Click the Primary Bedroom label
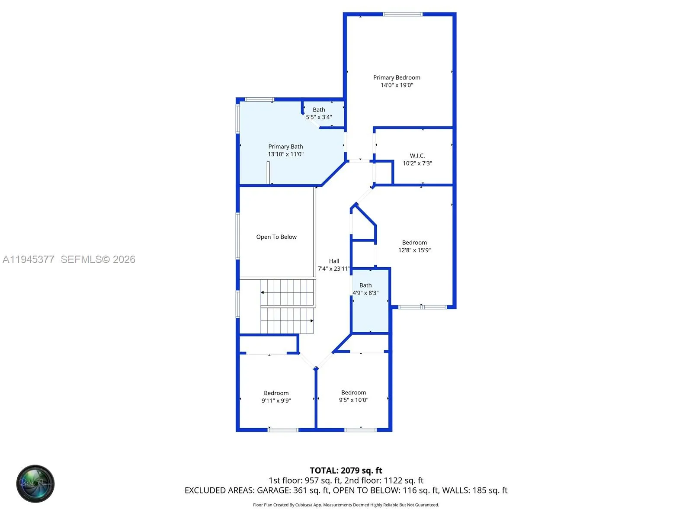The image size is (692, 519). click(x=397, y=77)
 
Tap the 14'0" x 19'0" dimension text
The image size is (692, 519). click(x=397, y=85)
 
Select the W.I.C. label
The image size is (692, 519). click(x=417, y=156)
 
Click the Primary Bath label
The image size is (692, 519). click(x=285, y=147)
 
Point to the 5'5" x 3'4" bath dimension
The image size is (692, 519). click(x=319, y=117)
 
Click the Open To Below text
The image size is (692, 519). click(x=276, y=237)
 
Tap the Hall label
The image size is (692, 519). click(x=334, y=261)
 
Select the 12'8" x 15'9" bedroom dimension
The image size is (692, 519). click(x=414, y=250)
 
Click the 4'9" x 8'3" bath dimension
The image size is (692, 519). click(x=365, y=293)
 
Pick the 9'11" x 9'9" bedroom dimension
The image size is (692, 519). click(x=276, y=400)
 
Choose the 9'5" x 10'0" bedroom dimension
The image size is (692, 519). click(x=353, y=400)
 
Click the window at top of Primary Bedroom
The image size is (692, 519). click(x=403, y=14)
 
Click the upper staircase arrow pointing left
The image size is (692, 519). click(x=263, y=293)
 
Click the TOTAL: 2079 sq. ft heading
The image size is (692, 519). click(x=346, y=471)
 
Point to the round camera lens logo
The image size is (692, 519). click(x=35, y=484)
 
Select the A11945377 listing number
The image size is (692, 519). click(x=29, y=259)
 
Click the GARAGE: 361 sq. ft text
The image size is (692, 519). click(x=293, y=490)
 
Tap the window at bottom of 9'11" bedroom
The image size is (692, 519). click(x=283, y=430)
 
